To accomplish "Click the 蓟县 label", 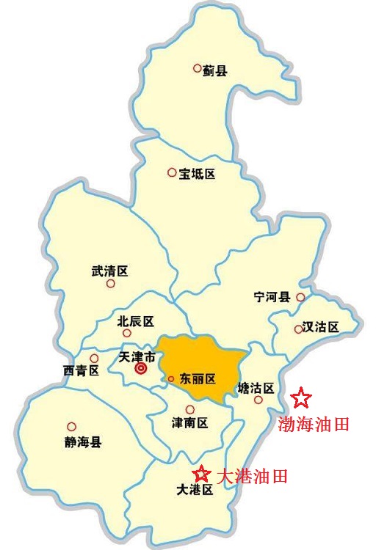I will (216, 71).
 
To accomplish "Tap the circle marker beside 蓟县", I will (197, 68).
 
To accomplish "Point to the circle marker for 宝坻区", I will (172, 173).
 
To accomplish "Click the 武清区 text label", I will (109, 271).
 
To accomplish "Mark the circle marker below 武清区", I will (111, 284).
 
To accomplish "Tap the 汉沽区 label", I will (322, 328).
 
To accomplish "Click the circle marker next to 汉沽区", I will (298, 329).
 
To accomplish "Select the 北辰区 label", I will (136, 321).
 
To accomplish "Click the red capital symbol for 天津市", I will (141, 370).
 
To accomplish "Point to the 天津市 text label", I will (137, 357).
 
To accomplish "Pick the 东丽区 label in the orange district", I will (198, 379).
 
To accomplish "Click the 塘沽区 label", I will (256, 387).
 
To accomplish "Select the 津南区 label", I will (190, 423).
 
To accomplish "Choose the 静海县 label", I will (83, 441).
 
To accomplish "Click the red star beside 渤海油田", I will (301, 398).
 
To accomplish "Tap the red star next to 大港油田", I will (200, 474).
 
